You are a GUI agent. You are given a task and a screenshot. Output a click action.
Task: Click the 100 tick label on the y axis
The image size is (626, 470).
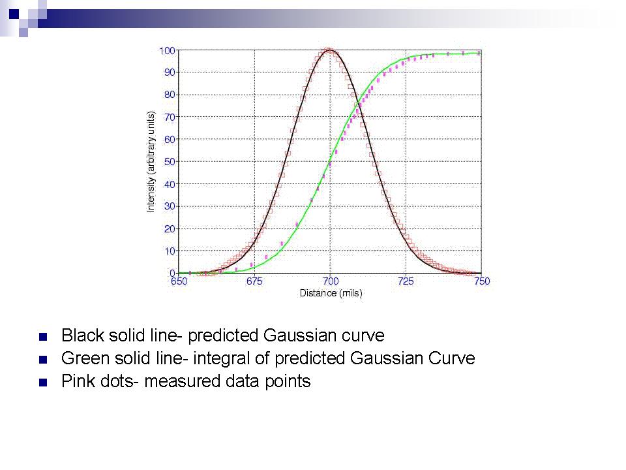tap(167, 51)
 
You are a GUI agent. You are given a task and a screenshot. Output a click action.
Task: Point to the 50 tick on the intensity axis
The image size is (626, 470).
tap(170, 162)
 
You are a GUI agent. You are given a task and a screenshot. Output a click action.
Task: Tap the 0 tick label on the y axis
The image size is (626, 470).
tap(172, 273)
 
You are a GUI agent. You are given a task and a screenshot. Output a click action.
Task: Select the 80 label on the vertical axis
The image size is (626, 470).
tap(170, 95)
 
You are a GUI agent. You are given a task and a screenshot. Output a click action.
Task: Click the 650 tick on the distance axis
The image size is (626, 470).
tap(179, 281)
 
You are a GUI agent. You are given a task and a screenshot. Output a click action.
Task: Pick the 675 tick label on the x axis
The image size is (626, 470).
tap(254, 281)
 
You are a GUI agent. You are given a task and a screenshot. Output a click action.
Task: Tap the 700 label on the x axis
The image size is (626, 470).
tap(331, 281)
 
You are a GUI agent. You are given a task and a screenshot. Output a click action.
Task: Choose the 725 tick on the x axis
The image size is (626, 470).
tap(406, 281)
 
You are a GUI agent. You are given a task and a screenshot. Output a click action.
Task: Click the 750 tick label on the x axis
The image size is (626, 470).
tap(482, 281)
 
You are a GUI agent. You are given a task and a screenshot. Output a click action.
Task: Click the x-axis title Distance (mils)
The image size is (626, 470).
tap(331, 293)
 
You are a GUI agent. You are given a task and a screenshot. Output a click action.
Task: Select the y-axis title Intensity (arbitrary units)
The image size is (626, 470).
tap(151, 161)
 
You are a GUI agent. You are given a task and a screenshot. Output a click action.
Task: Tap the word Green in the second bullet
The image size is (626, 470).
tap(85, 358)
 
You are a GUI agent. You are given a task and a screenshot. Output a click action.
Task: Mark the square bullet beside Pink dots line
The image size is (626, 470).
tap(43, 383)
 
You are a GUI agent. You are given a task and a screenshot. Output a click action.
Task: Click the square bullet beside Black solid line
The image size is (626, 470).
tap(43, 337)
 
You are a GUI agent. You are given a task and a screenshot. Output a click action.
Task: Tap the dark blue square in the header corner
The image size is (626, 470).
tap(14, 14)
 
